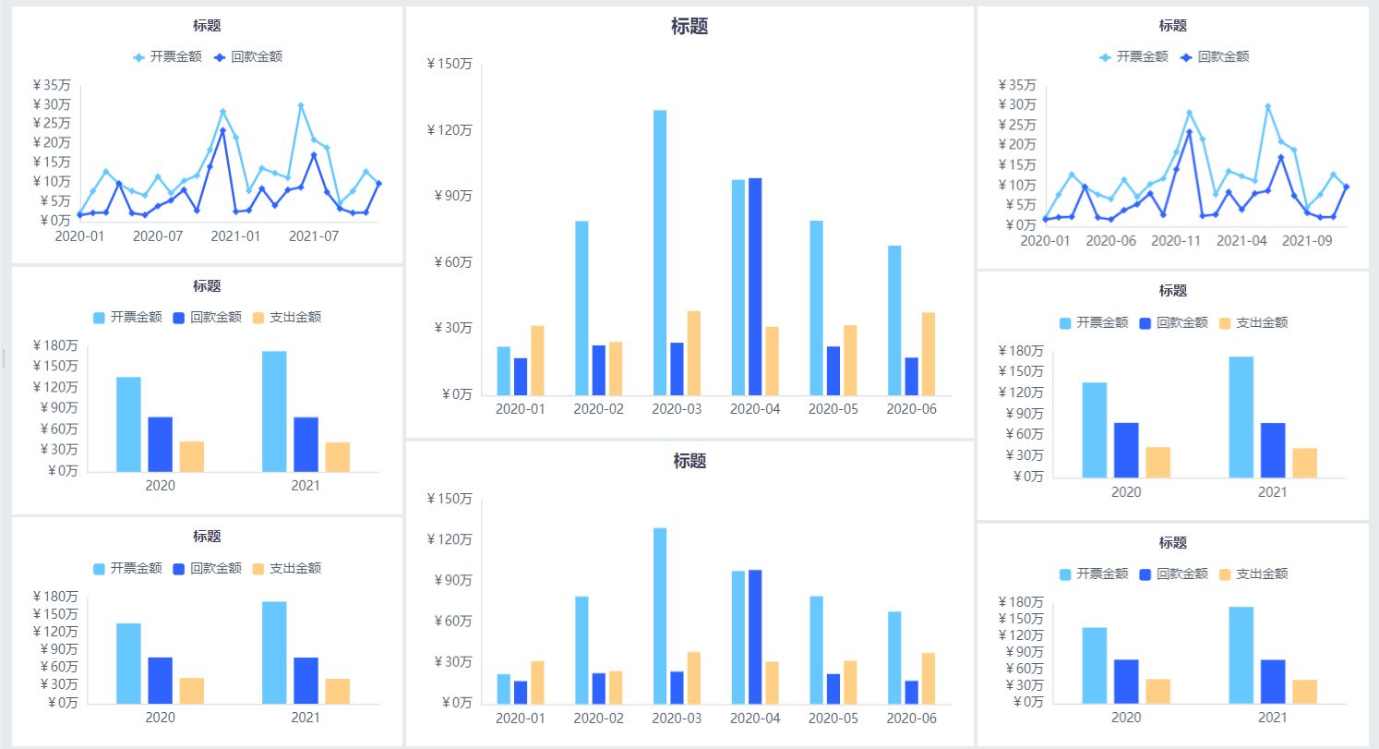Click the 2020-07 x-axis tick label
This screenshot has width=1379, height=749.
(158, 236)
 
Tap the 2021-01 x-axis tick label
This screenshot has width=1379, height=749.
(235, 236)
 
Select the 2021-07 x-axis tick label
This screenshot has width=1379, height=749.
(314, 236)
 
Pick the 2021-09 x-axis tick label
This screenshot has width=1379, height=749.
(1311, 241)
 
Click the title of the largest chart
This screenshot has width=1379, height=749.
(689, 27)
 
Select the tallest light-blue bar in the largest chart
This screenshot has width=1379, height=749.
(660, 252)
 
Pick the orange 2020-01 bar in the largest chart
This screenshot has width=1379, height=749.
(537, 360)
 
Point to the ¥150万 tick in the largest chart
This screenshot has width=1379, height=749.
(450, 64)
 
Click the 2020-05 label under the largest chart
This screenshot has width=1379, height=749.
(833, 408)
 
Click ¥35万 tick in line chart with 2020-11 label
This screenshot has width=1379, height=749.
(1017, 85)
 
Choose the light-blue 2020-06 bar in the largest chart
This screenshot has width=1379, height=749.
(895, 320)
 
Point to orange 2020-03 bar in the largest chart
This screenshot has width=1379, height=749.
(694, 353)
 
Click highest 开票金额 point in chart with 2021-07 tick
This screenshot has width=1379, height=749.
(301, 106)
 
